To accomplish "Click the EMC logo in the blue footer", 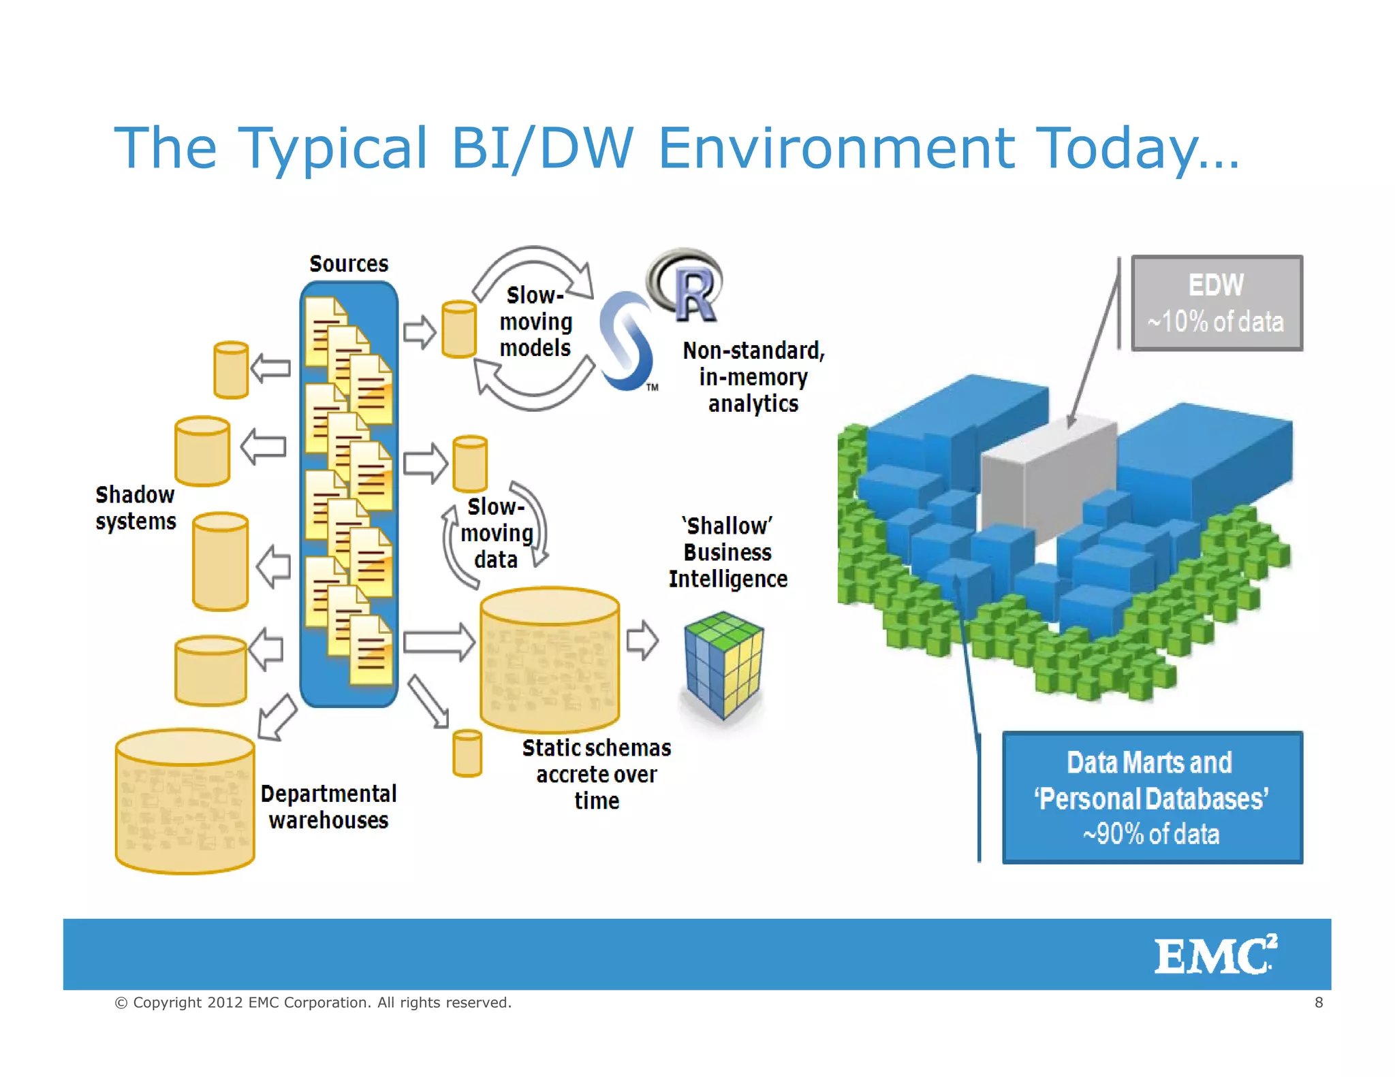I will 1214,955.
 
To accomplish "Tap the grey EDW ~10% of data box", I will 1217,303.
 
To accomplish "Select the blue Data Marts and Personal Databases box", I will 1152,798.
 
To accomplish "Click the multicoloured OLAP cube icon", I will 723,664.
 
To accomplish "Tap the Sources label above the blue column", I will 349,264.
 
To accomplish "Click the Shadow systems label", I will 136,508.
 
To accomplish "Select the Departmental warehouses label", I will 328,807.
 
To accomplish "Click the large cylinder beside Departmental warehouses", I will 185,801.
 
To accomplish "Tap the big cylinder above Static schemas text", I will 549,659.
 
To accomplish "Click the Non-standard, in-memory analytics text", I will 753,377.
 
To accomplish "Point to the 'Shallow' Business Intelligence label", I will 727,552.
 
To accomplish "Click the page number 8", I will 1319,1002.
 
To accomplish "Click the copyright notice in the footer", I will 313,1002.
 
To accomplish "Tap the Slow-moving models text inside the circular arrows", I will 535,322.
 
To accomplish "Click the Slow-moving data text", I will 497,533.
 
